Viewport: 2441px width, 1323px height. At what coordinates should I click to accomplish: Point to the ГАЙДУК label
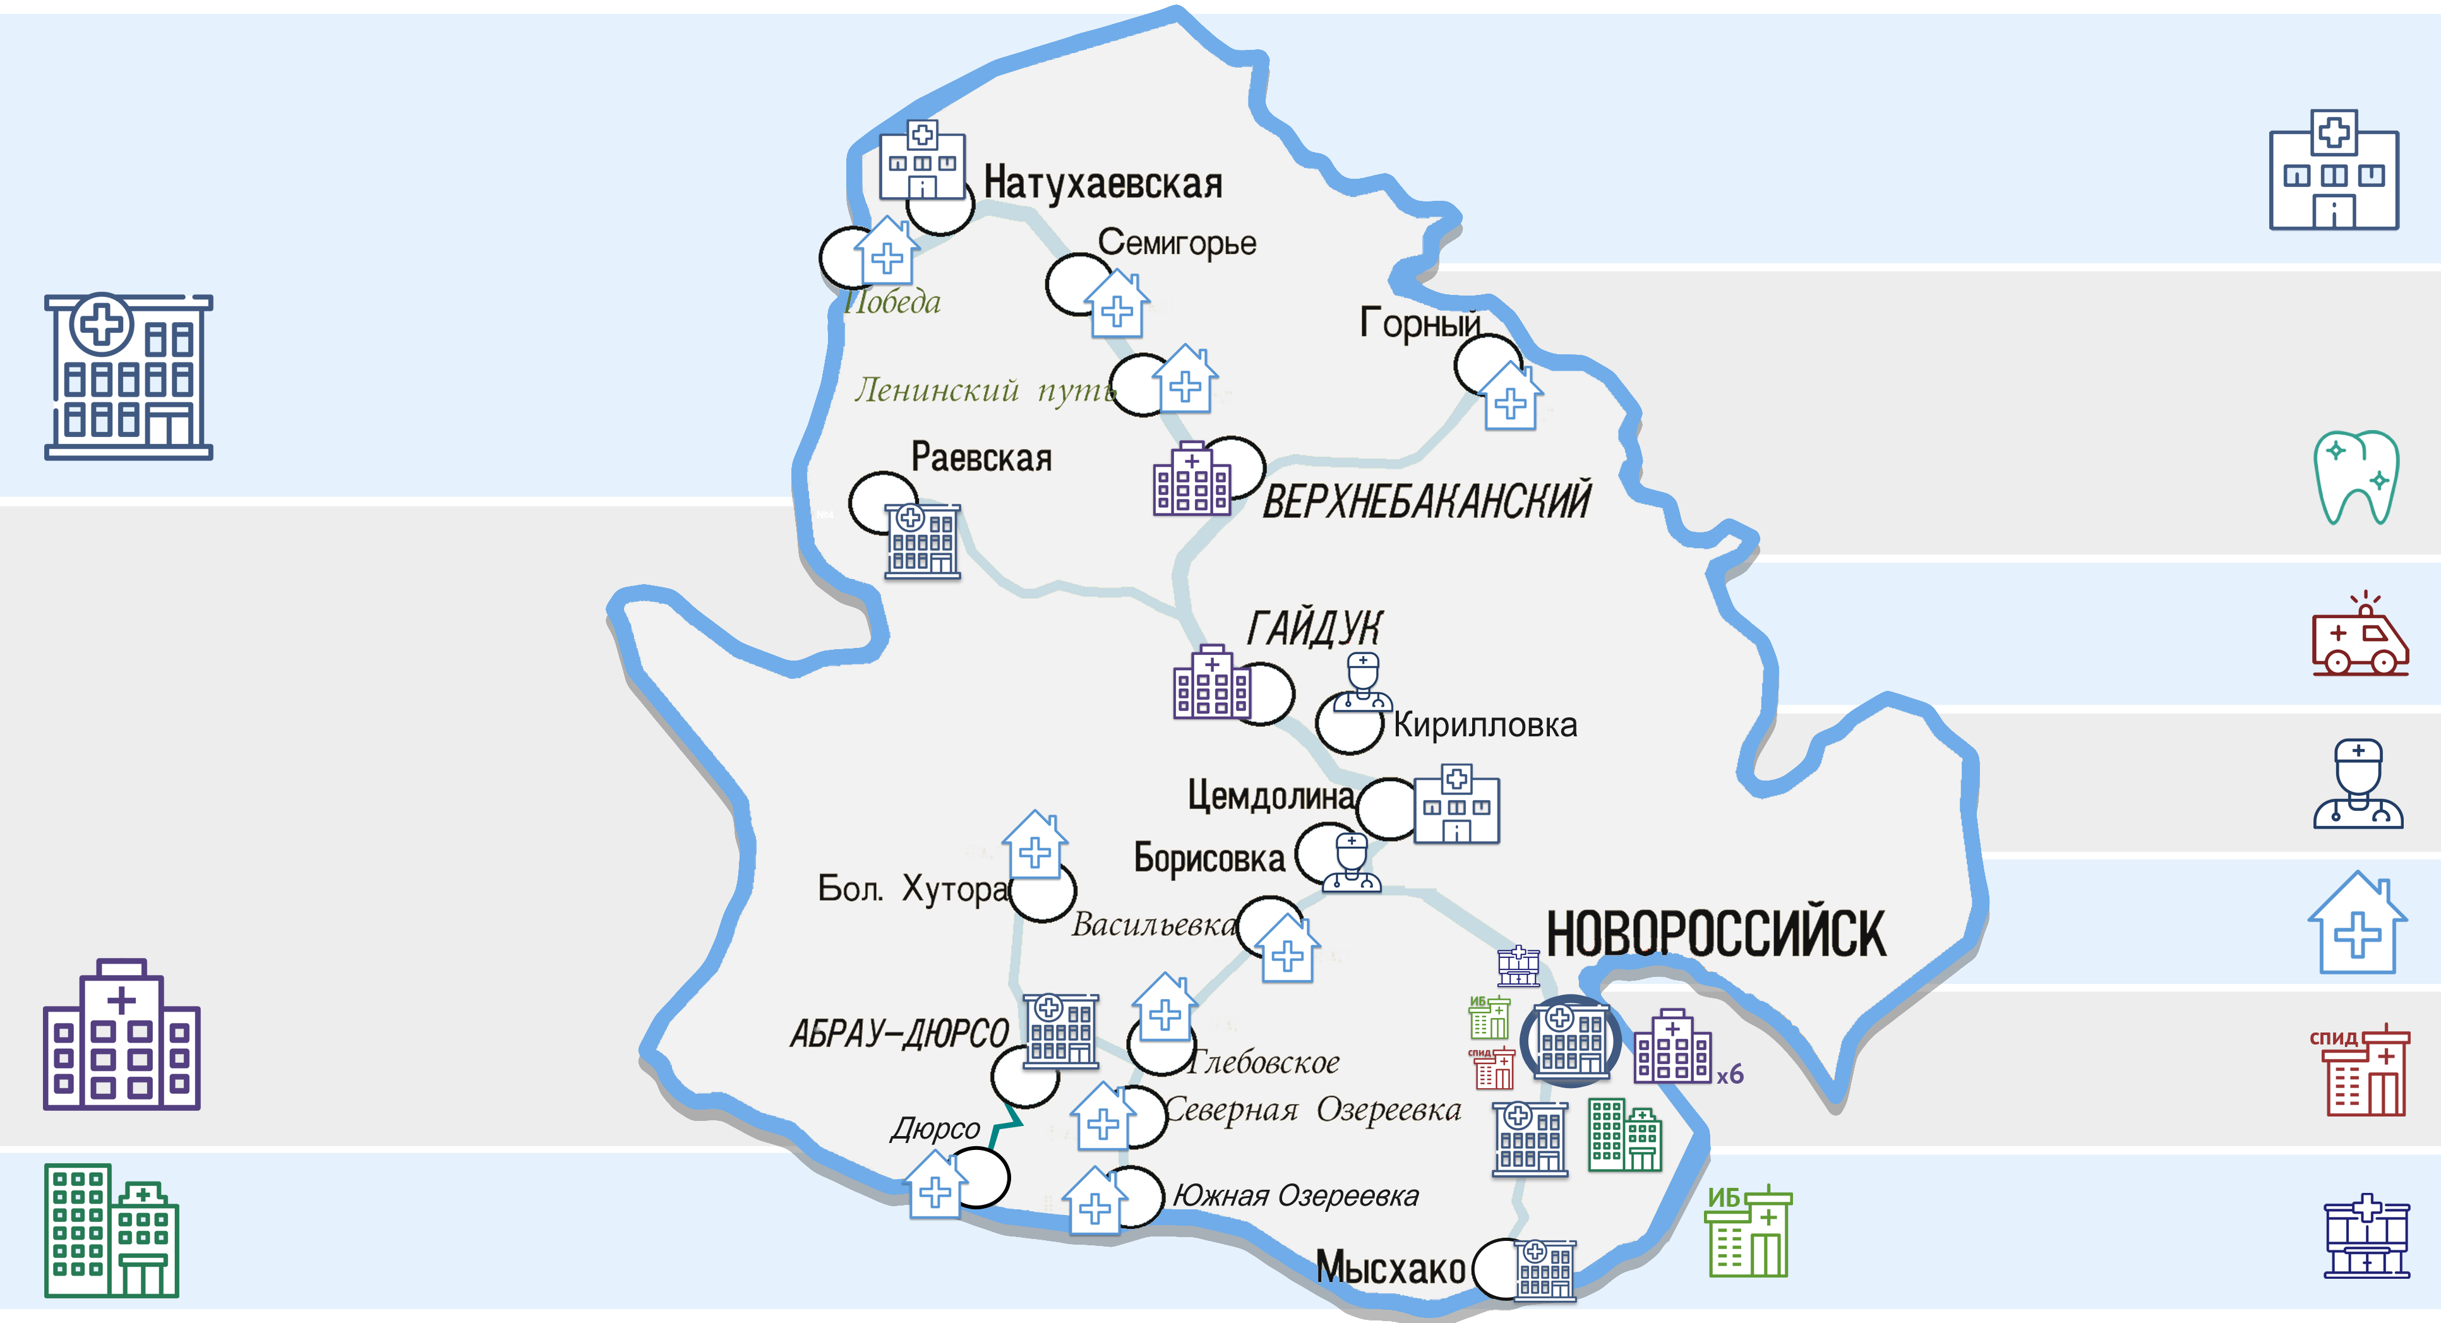pos(1314,627)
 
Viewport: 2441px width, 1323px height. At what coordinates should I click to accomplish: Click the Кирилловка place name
pos(1485,725)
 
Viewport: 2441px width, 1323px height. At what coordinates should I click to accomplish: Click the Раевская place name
pos(981,458)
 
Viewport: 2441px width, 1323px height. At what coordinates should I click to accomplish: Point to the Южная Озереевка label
pos(1295,1196)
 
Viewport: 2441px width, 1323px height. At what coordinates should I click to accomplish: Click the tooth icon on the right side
pos(2356,477)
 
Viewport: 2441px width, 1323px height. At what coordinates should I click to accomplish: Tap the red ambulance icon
pos(2360,635)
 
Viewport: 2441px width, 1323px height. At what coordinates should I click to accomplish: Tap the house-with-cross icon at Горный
pos(1511,397)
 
